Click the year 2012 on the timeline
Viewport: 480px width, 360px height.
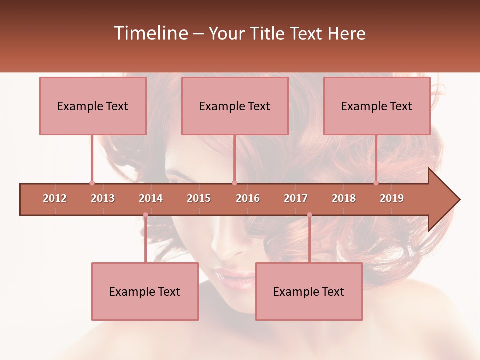coord(55,198)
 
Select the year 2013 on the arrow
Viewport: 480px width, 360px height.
coord(103,198)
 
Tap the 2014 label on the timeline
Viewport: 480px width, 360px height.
coord(151,198)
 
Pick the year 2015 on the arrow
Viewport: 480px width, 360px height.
coord(199,198)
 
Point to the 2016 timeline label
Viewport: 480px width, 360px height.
coord(248,198)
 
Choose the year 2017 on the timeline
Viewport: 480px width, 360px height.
coord(296,198)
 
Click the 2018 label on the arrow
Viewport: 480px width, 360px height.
coord(344,198)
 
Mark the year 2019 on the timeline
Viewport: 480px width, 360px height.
coord(392,198)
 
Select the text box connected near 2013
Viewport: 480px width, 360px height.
coord(93,106)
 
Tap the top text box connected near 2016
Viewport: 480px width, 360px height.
coord(235,106)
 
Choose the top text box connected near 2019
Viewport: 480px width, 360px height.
coord(377,106)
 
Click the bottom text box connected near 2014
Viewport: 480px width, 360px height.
coord(145,291)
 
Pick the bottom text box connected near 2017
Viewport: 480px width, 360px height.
coord(309,291)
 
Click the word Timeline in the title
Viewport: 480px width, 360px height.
coord(150,33)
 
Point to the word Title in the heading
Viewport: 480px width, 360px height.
coord(268,33)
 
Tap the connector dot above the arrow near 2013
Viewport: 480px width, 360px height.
coord(92,183)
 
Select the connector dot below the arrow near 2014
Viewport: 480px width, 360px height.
coord(145,215)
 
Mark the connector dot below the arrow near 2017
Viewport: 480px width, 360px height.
coord(309,215)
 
